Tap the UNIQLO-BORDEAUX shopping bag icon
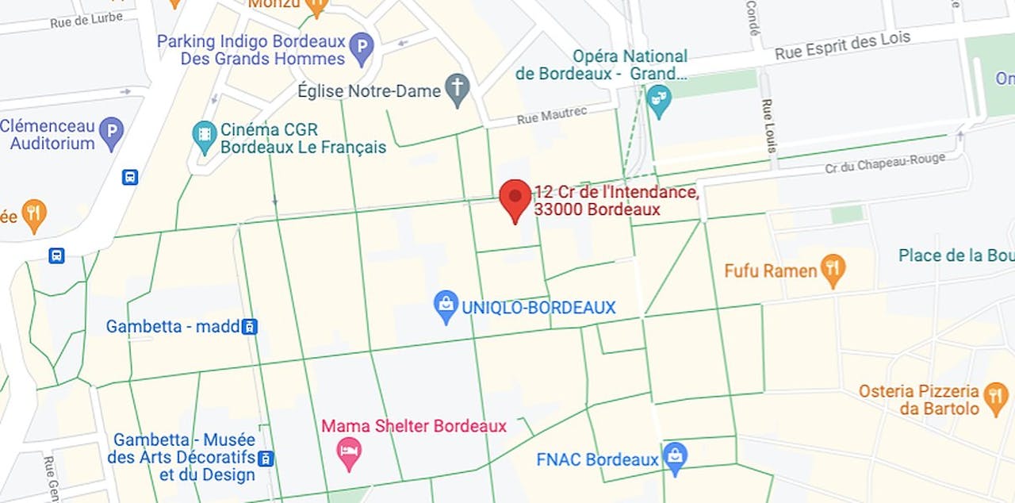pyautogui.click(x=446, y=306)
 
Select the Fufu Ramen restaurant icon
pyautogui.click(x=833, y=271)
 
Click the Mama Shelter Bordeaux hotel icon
pyautogui.click(x=349, y=454)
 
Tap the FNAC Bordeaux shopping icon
pyautogui.click(x=675, y=459)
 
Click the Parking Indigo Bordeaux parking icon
pyautogui.click(x=362, y=49)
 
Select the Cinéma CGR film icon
pyautogui.click(x=205, y=137)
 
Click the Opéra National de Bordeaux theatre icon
pyautogui.click(x=659, y=101)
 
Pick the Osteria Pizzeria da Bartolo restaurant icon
pyautogui.click(x=994, y=399)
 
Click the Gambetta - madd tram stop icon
pyautogui.click(x=250, y=326)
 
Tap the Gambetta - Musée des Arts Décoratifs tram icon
pyautogui.click(x=266, y=458)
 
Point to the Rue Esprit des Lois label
pyautogui.click(x=842, y=45)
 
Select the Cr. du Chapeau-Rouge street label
pyautogui.click(x=885, y=163)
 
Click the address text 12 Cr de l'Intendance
pyautogui.click(x=616, y=192)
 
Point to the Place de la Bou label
pyautogui.click(x=956, y=255)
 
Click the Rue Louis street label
pyautogui.click(x=768, y=126)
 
